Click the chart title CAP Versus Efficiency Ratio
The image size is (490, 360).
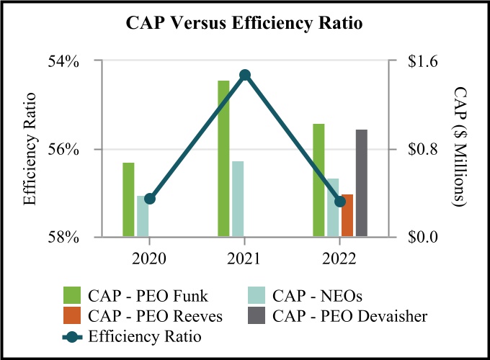pos(244,23)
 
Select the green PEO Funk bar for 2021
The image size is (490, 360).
pos(223,158)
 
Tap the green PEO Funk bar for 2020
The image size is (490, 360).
pos(128,199)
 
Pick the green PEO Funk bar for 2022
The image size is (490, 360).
pos(318,180)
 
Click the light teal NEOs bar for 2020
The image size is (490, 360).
pos(143,216)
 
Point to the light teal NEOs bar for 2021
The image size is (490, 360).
pos(238,199)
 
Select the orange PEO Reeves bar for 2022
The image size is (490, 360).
pos(347,215)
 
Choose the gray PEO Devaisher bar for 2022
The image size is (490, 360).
pos(362,183)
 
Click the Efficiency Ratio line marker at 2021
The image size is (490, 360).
pos(245,75)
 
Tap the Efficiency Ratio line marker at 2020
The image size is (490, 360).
pos(150,199)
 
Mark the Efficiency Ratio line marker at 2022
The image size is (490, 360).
pos(340,201)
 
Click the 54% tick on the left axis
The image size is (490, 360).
pos(65,61)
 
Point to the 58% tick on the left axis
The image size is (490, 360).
pos(65,237)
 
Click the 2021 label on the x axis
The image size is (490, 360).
pos(245,257)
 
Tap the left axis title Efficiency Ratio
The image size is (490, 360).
pos(30,149)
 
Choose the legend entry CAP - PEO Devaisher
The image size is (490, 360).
pos(349,315)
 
